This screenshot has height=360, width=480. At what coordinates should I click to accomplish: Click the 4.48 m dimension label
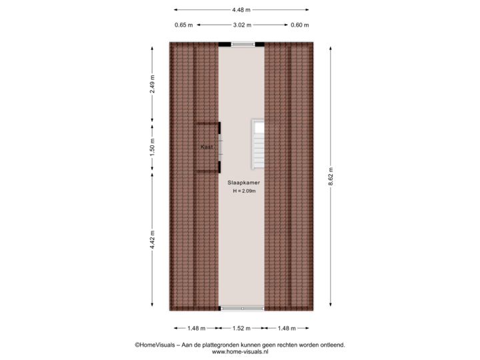pos(241,9)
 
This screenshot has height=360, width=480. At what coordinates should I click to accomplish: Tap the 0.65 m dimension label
pos(183,25)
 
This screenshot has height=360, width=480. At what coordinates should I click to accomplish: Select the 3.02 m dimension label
pos(241,25)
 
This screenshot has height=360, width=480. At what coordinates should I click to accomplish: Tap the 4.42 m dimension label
pos(153,239)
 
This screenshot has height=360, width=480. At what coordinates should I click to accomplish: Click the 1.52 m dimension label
pos(241,328)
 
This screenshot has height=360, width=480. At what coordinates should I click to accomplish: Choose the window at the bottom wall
pos(242,309)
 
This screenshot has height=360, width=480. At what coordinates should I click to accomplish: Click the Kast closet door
pos(221,147)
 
